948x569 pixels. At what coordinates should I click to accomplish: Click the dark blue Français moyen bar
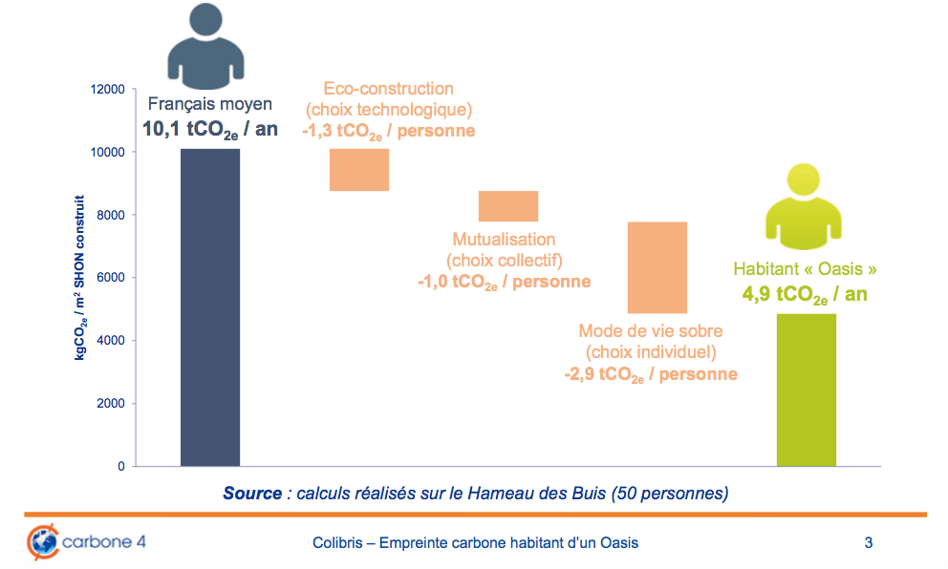tap(210, 307)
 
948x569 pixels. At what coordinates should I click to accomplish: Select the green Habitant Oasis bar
tap(807, 390)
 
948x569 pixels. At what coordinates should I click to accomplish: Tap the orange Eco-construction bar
tap(359, 170)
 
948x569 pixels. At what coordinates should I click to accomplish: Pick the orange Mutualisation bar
tap(508, 206)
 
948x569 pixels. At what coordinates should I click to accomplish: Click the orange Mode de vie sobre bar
tap(657, 267)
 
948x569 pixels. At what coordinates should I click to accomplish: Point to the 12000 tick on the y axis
tap(107, 90)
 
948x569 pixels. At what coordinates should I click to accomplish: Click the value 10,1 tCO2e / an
tap(210, 129)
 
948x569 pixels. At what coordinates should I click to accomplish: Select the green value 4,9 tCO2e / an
tap(805, 294)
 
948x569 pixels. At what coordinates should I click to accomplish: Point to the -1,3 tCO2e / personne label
tap(388, 131)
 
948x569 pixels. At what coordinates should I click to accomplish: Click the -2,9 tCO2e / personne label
tap(651, 374)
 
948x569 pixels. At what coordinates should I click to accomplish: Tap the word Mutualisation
tap(504, 240)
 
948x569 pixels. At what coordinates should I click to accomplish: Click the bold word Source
tap(252, 494)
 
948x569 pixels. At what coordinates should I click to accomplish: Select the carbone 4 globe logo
tap(41, 541)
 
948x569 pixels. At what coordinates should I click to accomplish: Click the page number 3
tap(869, 543)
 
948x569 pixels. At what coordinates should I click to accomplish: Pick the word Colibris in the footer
tap(337, 543)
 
